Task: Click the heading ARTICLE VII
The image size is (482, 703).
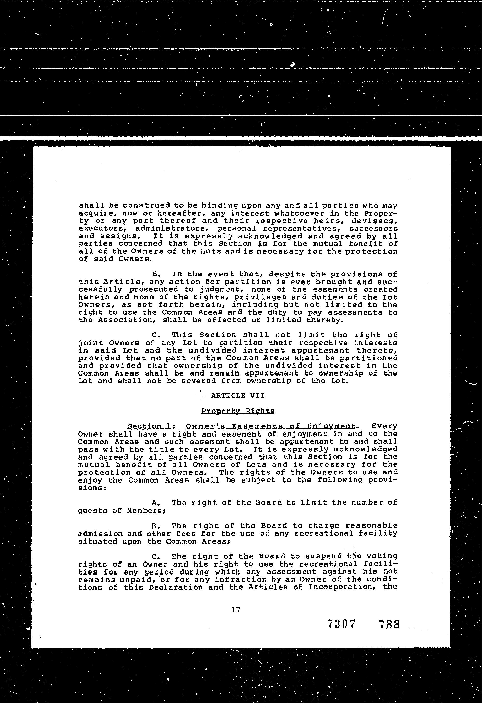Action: (237, 396)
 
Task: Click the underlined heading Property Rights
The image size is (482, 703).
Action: (238, 411)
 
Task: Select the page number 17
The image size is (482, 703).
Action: (236, 610)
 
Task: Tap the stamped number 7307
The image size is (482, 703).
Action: (341, 624)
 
